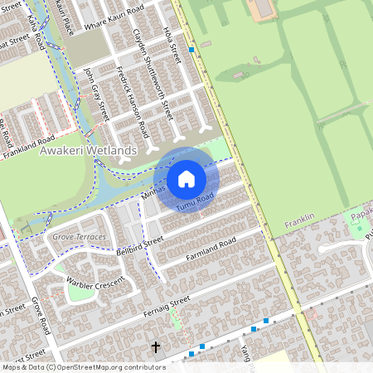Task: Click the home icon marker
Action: click(186, 178)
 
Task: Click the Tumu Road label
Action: click(196, 199)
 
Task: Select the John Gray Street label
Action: click(96, 95)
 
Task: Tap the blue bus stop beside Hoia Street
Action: click(192, 50)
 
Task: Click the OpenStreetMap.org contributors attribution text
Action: click(106, 366)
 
